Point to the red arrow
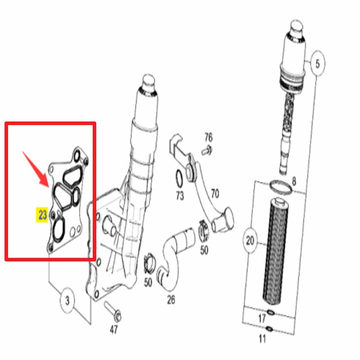click(37, 168)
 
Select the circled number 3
click(67, 301)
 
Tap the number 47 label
click(114, 330)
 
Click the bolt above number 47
click(111, 310)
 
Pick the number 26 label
click(171, 299)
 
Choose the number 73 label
click(180, 196)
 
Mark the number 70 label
click(215, 194)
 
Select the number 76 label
click(208, 137)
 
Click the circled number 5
click(317, 64)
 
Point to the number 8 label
click(294, 181)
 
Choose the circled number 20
click(251, 240)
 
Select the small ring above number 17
click(270, 312)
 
